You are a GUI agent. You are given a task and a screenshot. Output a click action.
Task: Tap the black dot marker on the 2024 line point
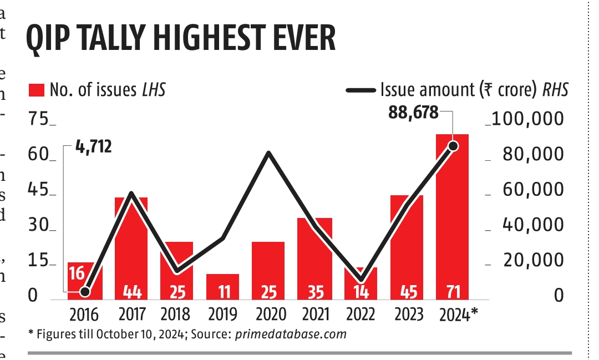tap(453, 146)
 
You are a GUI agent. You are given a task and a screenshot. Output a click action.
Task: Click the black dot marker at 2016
tap(84, 292)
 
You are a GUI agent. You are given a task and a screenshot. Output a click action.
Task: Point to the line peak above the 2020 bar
tap(268, 153)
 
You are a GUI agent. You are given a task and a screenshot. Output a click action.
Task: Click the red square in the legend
tap(37, 90)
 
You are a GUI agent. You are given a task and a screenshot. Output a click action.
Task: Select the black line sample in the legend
tap(361, 90)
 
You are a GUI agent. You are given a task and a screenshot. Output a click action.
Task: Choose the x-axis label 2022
tap(361, 315)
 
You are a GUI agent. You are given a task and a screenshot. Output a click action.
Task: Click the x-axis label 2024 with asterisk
tap(457, 315)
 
